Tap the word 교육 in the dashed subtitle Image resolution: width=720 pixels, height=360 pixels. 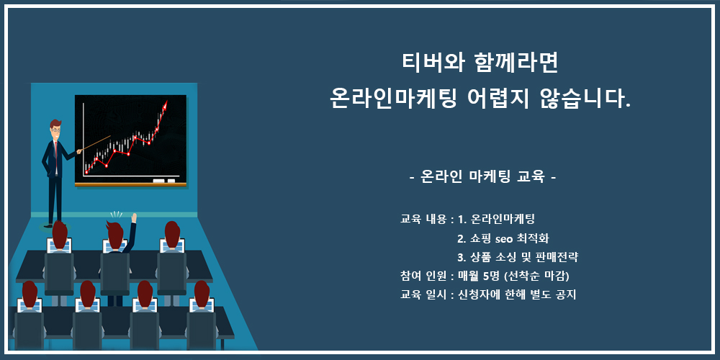click(x=531, y=176)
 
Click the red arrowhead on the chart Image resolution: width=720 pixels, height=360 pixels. click(x=165, y=104)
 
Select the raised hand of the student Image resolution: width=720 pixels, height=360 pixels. click(x=134, y=217)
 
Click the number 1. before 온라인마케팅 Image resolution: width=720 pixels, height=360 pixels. click(x=462, y=220)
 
